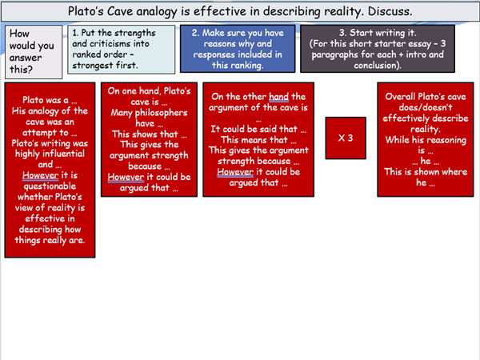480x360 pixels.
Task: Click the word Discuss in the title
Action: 387,12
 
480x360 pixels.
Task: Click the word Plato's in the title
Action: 88,12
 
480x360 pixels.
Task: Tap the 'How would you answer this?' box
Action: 32,51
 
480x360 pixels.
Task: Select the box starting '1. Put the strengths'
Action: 121,50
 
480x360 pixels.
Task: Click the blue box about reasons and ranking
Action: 237,50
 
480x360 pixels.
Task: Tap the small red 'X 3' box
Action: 346,138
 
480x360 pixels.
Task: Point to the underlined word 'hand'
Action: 279,97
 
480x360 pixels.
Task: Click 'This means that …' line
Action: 253,140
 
